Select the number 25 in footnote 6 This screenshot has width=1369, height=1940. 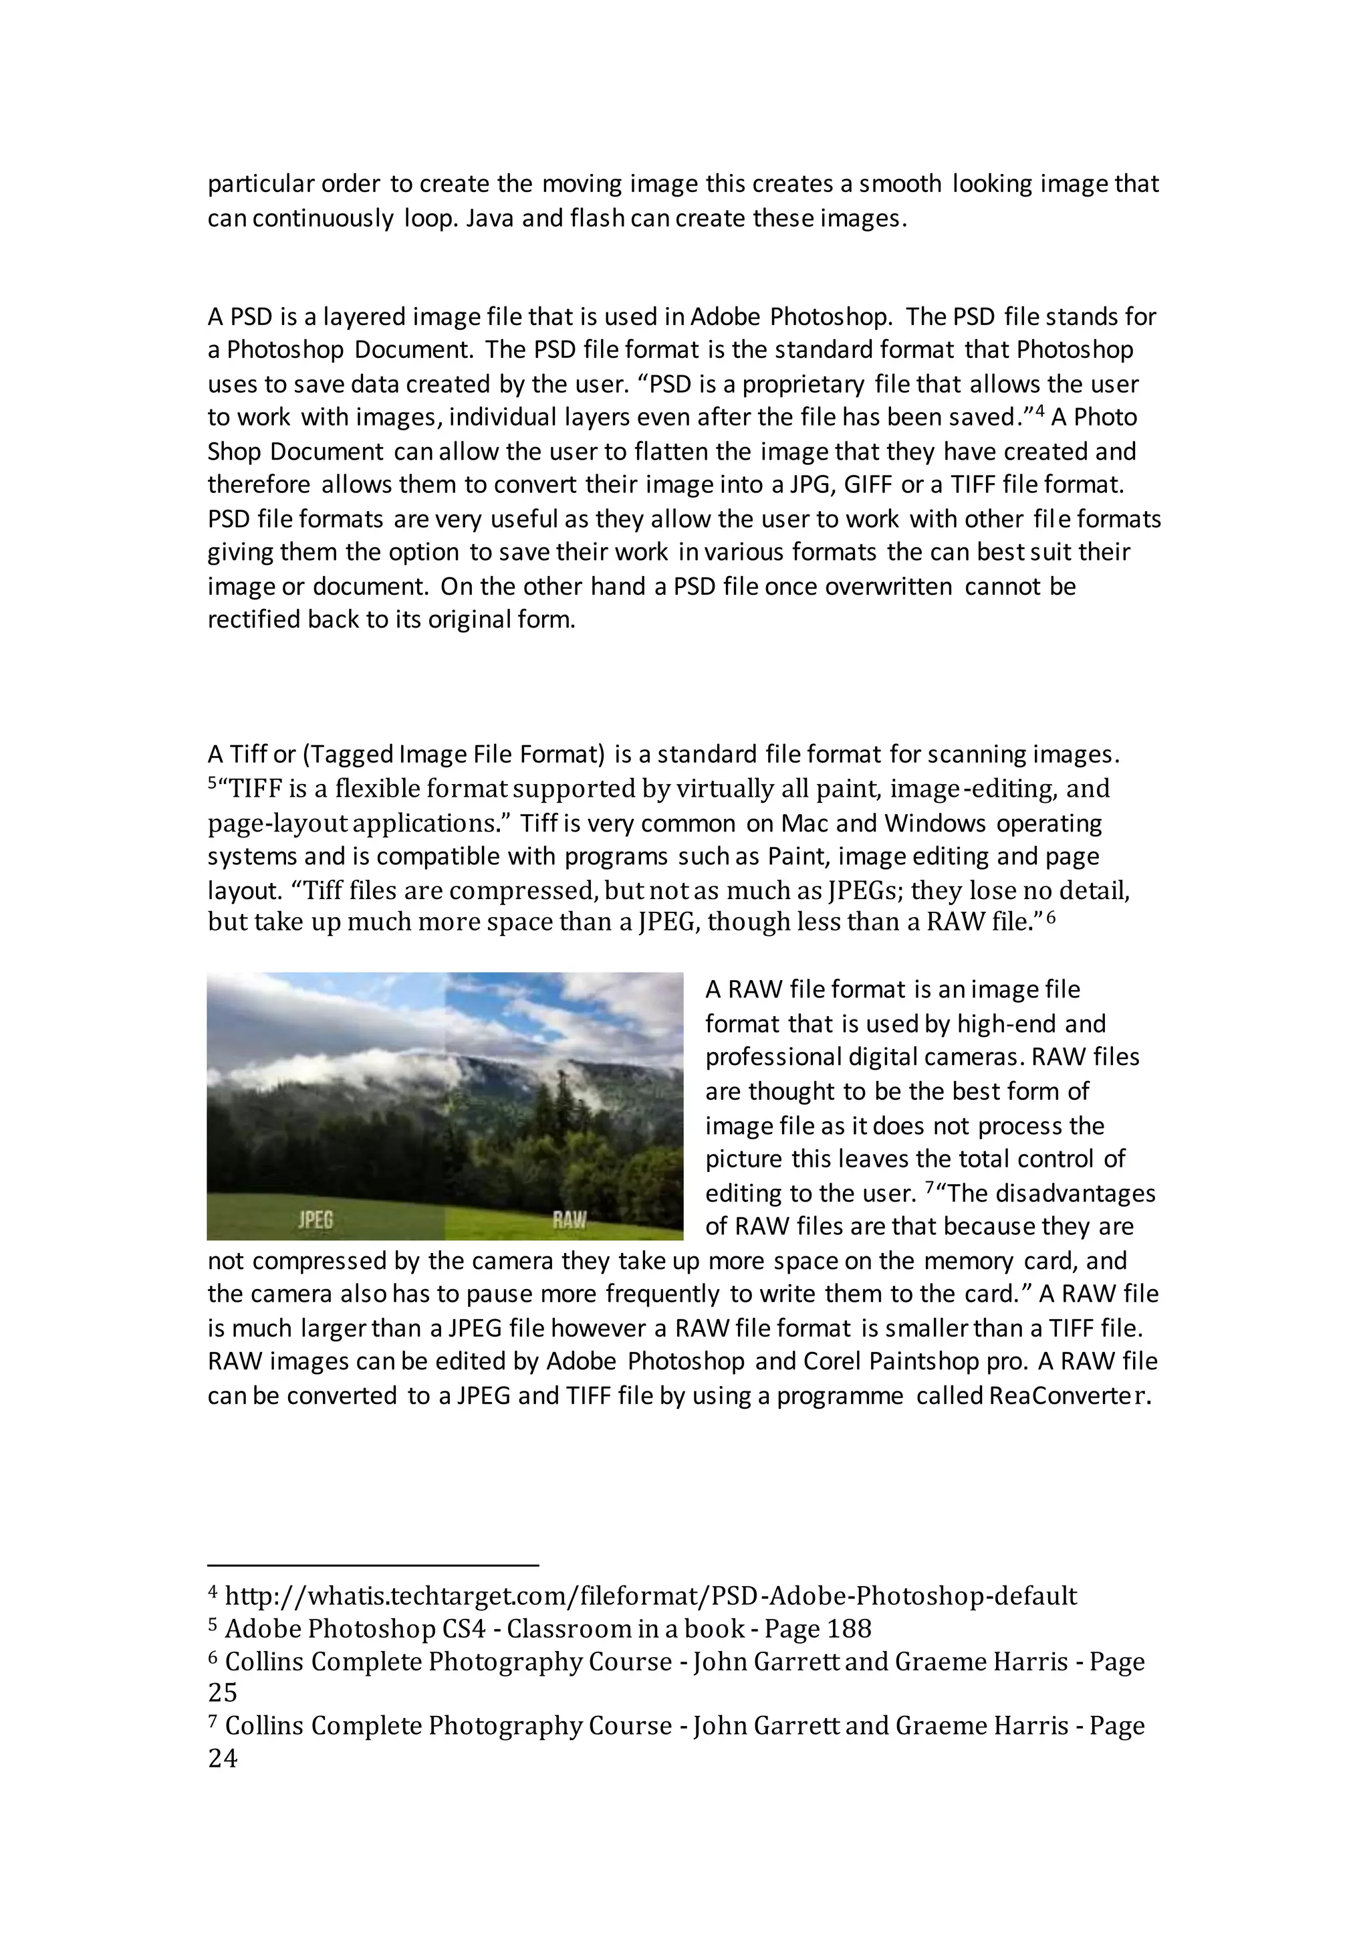click(x=223, y=1692)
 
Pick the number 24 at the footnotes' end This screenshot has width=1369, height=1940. click(x=223, y=1758)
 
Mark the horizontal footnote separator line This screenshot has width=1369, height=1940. click(x=372, y=1565)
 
